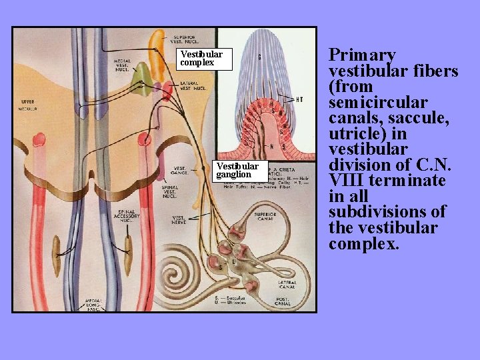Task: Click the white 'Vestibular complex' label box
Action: (206, 59)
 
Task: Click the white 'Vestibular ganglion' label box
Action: (240, 170)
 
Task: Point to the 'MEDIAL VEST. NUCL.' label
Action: (123, 67)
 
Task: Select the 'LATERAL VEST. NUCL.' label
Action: (193, 85)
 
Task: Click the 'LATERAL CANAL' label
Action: (291, 285)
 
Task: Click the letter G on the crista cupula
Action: (259, 57)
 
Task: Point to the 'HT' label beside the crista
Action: (299, 99)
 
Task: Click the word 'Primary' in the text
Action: (363, 55)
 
